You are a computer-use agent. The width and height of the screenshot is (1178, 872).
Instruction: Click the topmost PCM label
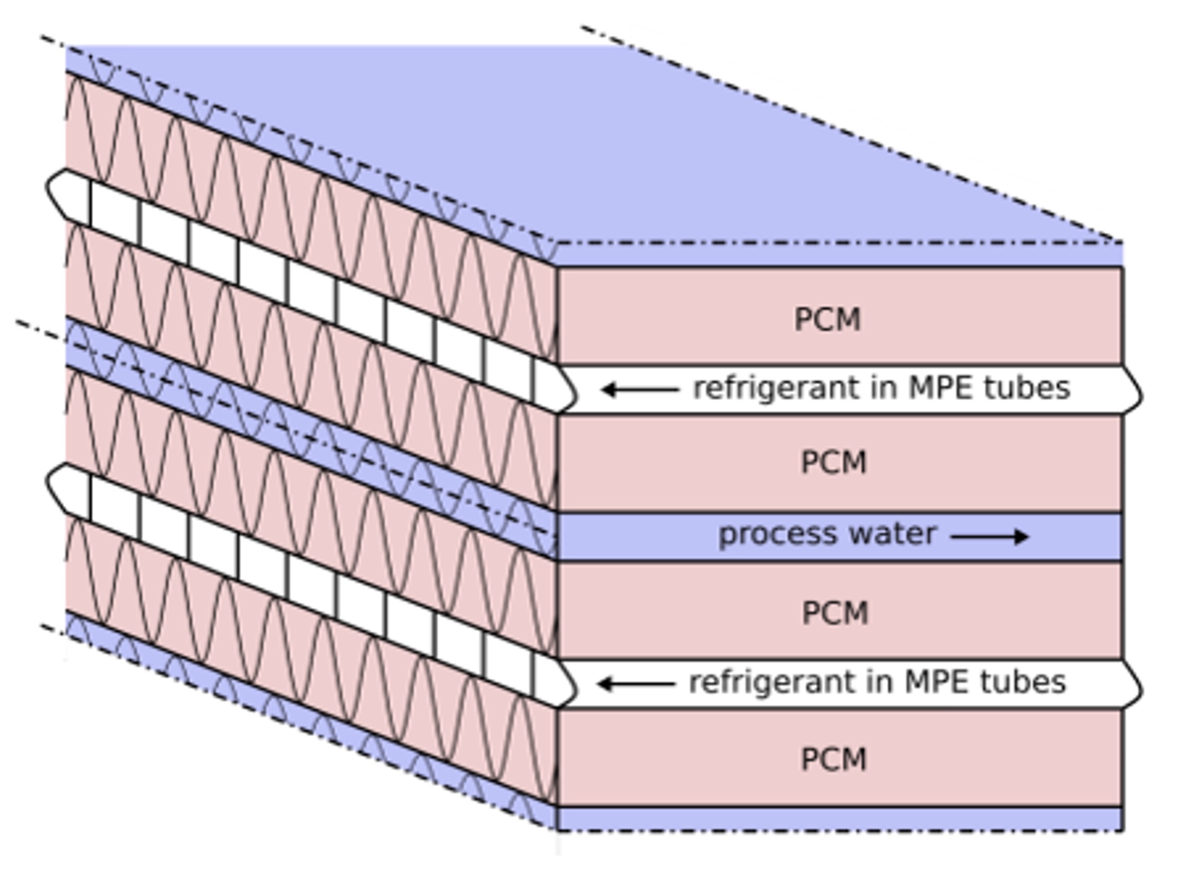[827, 320]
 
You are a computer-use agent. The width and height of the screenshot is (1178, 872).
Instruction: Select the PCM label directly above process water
[833, 462]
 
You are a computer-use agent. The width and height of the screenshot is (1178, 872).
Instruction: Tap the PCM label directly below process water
[835, 612]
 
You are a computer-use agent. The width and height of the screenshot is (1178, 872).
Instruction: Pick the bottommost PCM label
[833, 759]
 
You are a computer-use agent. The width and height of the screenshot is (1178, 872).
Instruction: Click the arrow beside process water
[989, 537]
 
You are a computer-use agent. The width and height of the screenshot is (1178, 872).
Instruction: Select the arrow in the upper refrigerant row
[639, 389]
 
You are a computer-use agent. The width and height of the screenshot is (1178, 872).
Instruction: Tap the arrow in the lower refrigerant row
[636, 683]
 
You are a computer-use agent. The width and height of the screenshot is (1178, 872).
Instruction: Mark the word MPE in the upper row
[942, 388]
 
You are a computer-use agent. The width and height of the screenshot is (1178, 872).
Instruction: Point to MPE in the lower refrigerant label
[937, 682]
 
